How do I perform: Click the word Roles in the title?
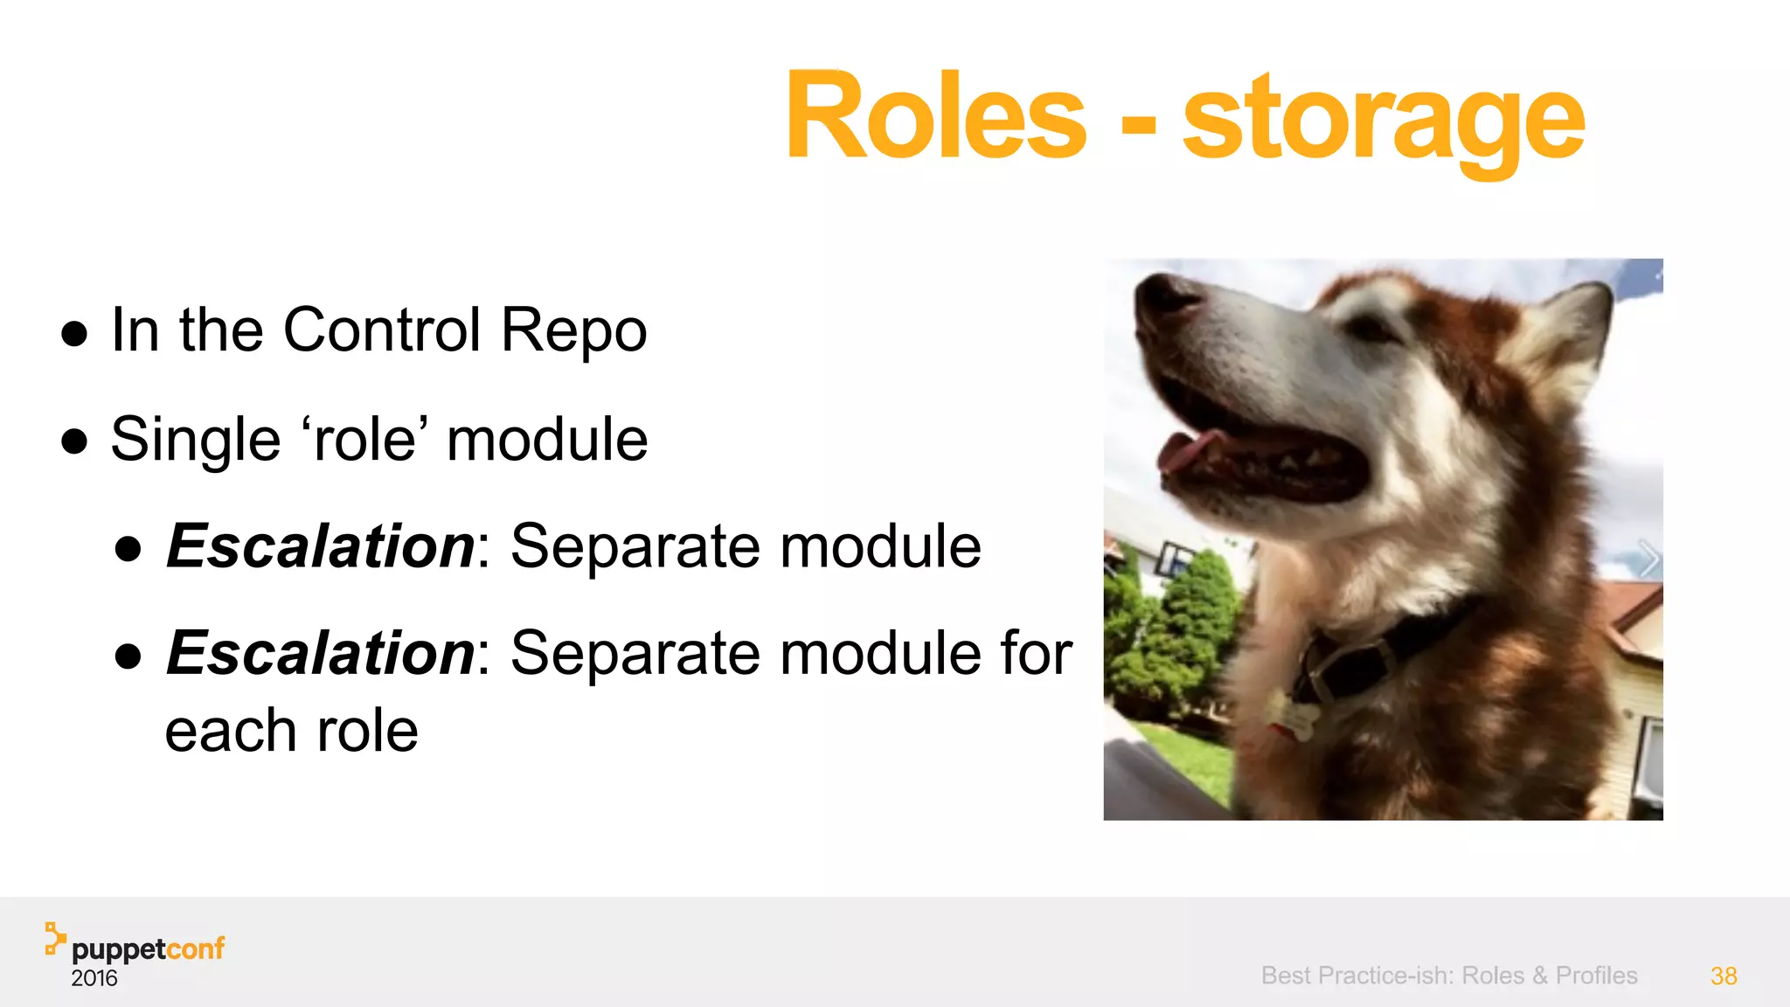click(935, 116)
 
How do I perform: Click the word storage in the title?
click(1383, 122)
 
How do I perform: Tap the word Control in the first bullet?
click(382, 330)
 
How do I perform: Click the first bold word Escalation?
click(321, 546)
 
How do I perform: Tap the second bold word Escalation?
click(321, 653)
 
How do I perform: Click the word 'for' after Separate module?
click(1036, 653)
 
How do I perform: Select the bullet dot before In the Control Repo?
click(75, 334)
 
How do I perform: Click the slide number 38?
click(1723, 976)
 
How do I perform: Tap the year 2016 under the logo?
click(94, 978)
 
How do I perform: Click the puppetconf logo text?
click(148, 948)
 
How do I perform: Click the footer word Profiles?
click(1596, 976)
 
